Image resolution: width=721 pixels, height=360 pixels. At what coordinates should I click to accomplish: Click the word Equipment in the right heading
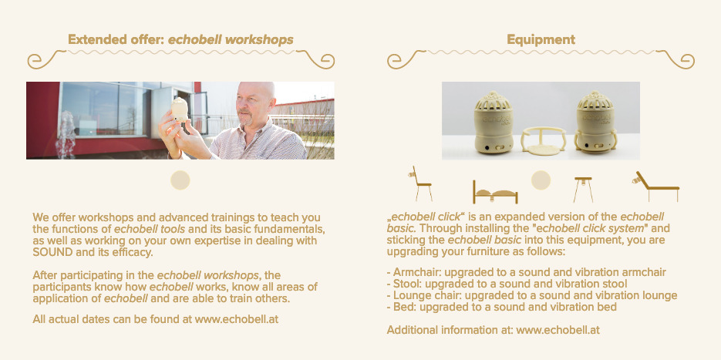541,40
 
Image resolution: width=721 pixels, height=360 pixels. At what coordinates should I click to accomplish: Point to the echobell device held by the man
180,109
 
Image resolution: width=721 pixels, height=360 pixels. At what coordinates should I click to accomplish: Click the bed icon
495,193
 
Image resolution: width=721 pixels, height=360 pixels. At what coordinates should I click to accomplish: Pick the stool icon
583,190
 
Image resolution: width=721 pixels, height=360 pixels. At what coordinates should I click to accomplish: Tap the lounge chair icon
655,187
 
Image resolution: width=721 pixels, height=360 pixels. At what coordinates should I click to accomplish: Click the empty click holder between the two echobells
544,141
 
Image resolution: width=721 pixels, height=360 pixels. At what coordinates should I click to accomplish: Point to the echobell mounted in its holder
596,122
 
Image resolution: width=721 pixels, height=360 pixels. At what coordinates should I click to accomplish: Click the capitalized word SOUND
53,252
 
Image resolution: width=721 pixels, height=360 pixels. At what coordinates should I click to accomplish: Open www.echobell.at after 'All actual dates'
236,319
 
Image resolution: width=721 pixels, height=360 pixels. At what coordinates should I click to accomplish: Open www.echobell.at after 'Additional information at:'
558,330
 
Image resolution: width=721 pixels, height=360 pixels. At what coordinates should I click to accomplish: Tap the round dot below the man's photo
180,180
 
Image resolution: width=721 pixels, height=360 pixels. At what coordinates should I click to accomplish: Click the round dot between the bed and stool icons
541,180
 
